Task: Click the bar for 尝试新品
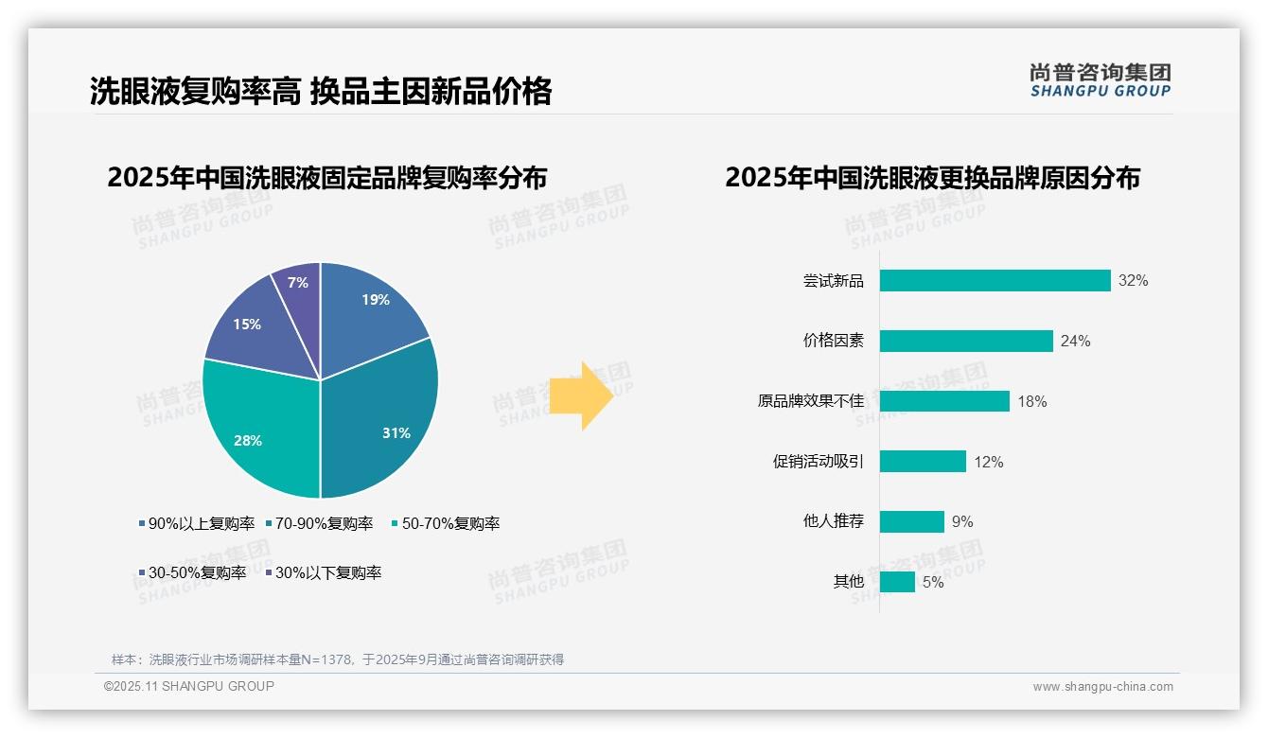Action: click(995, 281)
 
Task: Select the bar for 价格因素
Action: click(966, 341)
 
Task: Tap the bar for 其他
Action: click(897, 582)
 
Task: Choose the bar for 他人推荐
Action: click(912, 521)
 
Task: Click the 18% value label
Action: click(1032, 401)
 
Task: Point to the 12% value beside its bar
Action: click(989, 462)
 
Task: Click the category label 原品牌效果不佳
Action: click(811, 401)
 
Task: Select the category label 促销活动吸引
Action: click(819, 462)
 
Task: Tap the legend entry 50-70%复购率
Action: click(446, 523)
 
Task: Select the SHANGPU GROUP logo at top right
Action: click(1101, 80)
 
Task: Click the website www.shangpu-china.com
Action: click(1102, 686)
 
